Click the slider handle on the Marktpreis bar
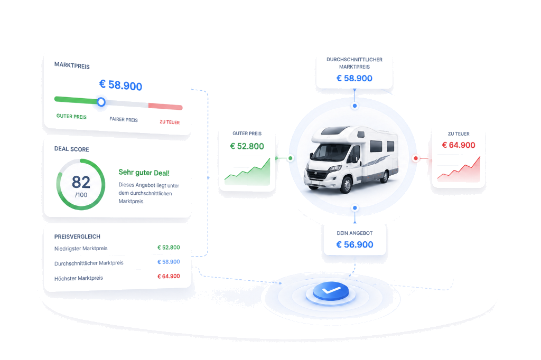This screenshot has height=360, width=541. tap(101, 102)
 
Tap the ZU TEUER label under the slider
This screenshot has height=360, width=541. tap(170, 122)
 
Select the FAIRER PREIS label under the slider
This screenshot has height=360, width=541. tap(124, 119)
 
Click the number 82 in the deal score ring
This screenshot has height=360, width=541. tap(81, 182)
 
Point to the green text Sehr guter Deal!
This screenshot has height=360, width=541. tap(144, 173)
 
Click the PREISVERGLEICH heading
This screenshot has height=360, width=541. tap(77, 236)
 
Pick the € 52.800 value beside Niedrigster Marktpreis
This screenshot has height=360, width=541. tap(169, 247)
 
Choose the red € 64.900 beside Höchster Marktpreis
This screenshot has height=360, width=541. tap(169, 276)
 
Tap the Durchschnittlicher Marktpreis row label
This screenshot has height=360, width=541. tap(89, 263)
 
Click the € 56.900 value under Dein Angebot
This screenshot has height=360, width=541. tap(355, 244)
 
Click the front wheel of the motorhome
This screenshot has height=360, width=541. tap(346, 184)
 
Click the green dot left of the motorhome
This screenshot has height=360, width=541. tap(291, 158)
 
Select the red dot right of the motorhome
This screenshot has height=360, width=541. tap(416, 158)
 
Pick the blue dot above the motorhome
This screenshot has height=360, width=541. tap(355, 106)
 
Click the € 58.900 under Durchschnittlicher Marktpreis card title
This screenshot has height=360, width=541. tap(355, 78)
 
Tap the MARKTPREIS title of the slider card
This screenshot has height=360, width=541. tap(72, 65)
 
